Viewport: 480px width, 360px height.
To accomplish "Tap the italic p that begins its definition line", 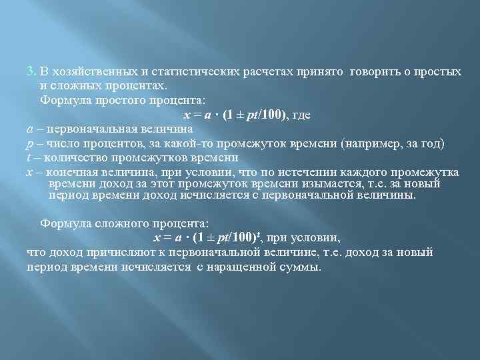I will point(29,144).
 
